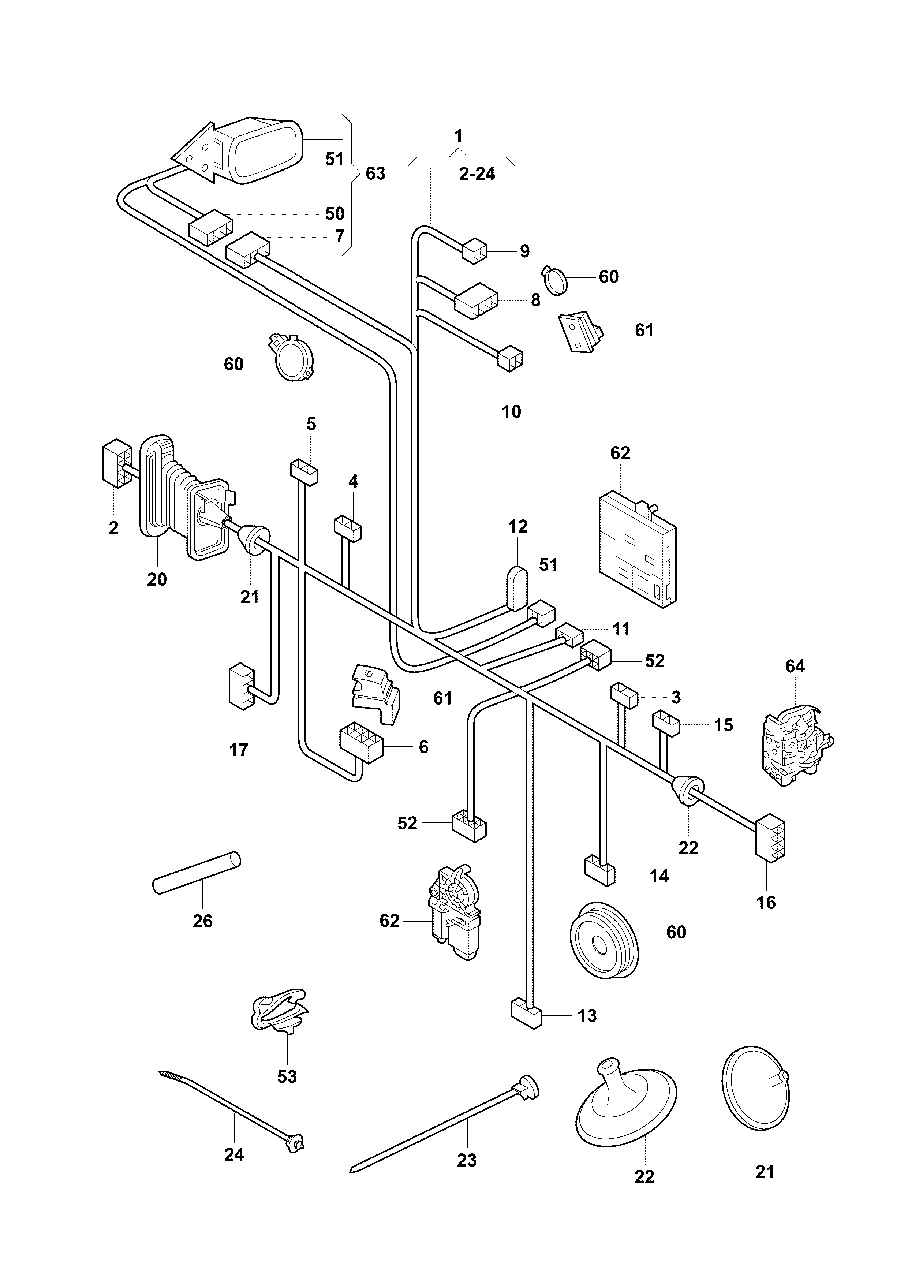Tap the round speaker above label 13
point(604,947)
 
